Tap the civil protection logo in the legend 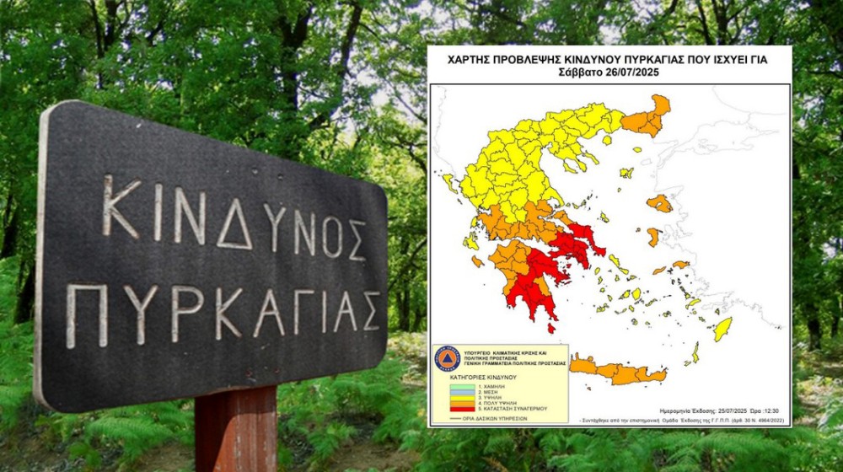click(x=448, y=359)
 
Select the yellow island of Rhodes click(x=722, y=329)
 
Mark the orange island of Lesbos click(x=659, y=203)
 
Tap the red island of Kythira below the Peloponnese click(x=552, y=327)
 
